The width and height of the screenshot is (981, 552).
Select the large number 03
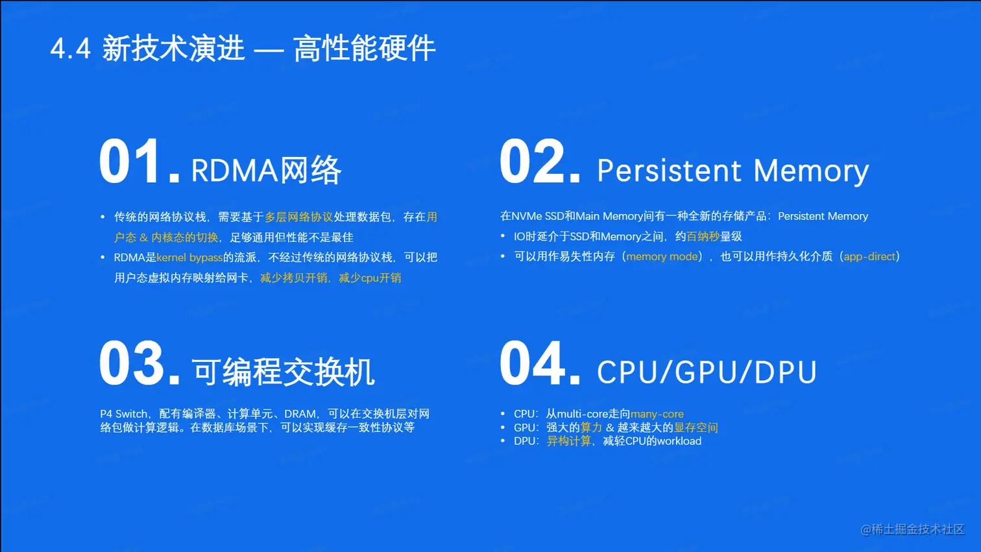(139, 363)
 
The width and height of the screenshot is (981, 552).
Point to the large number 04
(540, 363)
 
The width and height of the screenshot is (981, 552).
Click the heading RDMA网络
(266, 170)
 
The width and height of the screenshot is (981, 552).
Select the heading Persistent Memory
(733, 171)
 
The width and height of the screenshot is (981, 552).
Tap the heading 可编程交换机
(284, 372)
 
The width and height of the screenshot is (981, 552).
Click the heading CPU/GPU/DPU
(707, 372)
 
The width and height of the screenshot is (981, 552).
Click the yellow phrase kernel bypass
(189, 258)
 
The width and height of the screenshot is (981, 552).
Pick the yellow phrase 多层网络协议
(298, 217)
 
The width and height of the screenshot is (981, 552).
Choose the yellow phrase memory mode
(662, 256)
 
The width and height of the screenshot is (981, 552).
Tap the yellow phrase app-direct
(869, 256)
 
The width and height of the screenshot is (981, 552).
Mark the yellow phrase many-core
(657, 414)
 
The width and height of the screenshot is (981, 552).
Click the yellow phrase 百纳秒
(703, 236)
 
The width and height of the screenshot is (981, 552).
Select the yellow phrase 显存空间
(696, 427)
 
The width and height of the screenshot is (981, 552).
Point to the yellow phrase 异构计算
(569, 441)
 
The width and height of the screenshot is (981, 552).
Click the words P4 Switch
(123, 414)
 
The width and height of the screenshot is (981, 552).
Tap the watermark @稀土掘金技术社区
(913, 529)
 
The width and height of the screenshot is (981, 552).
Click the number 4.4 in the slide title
(71, 48)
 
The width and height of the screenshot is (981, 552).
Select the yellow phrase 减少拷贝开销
(294, 278)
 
